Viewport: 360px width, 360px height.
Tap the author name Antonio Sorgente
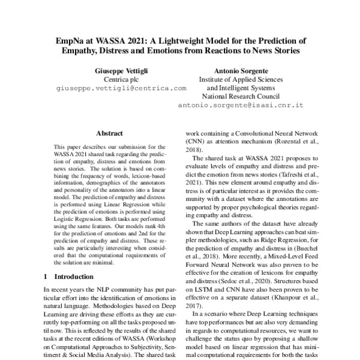[241, 70]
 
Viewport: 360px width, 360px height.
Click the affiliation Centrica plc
[121, 79]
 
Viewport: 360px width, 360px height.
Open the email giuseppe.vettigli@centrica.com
[121, 88]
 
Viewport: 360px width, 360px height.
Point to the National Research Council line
[241, 96]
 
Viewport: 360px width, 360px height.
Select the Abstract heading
[109, 133]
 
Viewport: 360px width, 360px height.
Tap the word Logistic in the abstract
[66, 220]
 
